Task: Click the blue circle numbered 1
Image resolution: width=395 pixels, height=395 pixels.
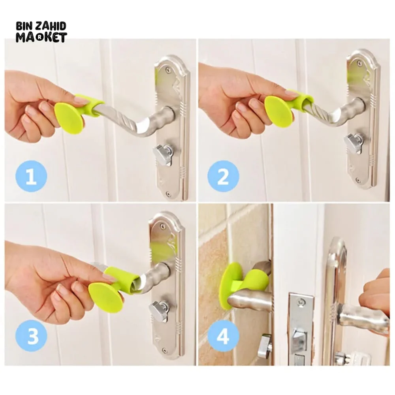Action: pos(31,176)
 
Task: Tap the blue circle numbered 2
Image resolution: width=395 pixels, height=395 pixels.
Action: pos(223,176)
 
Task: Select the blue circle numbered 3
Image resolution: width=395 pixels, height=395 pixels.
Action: pos(31,337)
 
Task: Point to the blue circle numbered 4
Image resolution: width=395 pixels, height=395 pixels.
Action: pos(223,337)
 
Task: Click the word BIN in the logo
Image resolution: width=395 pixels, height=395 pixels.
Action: pos(23,27)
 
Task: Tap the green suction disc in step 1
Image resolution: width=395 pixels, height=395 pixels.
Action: pos(68,118)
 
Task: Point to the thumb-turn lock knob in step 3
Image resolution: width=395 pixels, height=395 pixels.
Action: pos(160,310)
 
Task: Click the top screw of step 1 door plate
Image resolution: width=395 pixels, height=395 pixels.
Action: pos(169,70)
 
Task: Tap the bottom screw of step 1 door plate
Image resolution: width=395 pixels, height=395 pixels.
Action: pos(169,194)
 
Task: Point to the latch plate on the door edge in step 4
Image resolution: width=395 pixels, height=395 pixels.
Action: pos(300,328)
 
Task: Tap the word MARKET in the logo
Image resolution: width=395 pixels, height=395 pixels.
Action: pos(41,38)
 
